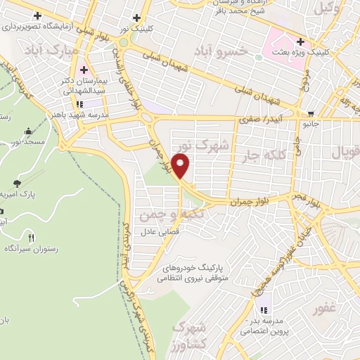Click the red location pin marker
pyautogui.click(x=181, y=166)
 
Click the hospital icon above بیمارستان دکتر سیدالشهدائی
pyautogui.click(x=84, y=70)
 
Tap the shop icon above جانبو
pyautogui.click(x=311, y=113)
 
